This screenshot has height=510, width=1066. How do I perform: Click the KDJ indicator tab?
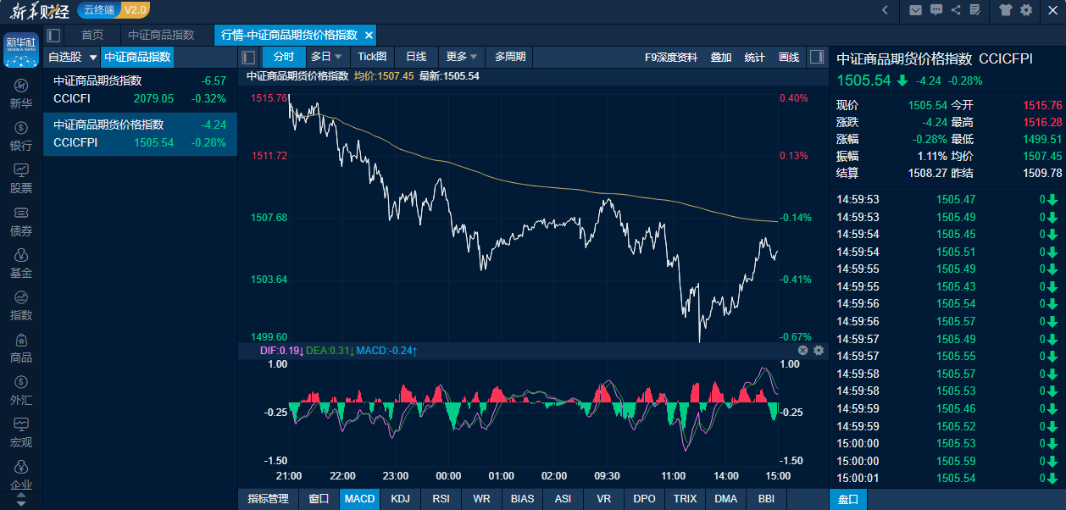tap(400, 499)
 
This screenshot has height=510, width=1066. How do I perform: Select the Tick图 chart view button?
tap(372, 57)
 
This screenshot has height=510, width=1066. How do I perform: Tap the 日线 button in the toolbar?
tap(416, 57)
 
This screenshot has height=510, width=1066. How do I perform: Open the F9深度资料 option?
tap(671, 57)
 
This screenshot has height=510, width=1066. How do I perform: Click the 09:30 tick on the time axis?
tap(607, 476)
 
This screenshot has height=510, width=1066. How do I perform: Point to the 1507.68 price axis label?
tap(269, 218)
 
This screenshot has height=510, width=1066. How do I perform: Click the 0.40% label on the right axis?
tap(793, 98)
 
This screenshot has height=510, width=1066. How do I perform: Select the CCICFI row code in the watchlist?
tap(71, 98)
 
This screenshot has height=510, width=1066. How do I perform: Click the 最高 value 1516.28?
tap(1042, 123)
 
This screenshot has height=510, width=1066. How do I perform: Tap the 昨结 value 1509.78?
tap(1042, 173)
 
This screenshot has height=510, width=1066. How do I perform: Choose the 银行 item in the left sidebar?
tap(21, 136)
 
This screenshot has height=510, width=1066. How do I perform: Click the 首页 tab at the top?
tap(92, 35)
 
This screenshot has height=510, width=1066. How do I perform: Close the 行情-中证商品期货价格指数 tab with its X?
tap(369, 35)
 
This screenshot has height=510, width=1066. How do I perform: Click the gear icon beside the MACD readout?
tap(819, 350)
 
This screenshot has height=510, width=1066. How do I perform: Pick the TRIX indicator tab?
tap(685, 499)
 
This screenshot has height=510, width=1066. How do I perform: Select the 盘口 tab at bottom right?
tap(848, 500)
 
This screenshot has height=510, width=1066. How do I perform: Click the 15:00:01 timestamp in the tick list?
tap(858, 479)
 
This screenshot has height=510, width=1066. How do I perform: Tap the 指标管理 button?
tap(268, 499)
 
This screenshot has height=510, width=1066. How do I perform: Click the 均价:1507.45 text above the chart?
tap(384, 76)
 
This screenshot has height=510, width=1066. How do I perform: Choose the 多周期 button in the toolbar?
tap(510, 57)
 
